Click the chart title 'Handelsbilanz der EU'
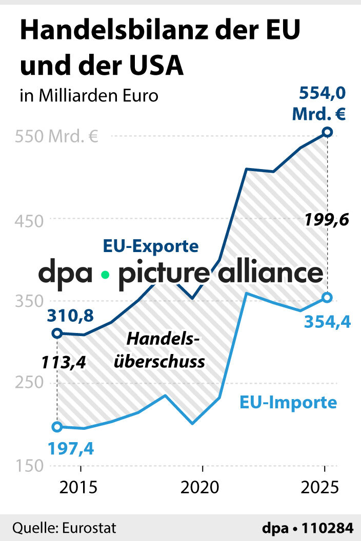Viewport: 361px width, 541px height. point(159,31)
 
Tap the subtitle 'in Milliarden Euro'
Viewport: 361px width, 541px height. point(89,96)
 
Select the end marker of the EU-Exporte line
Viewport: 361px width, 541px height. point(328,133)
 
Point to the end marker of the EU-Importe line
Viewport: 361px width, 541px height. point(328,297)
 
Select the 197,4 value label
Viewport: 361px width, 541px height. point(71,449)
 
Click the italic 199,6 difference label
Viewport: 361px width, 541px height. point(326,220)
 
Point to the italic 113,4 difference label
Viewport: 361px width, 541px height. point(63,362)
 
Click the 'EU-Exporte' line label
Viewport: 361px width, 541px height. point(151,246)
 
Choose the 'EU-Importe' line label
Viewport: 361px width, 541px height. point(288,402)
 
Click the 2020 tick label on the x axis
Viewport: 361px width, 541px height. point(203,487)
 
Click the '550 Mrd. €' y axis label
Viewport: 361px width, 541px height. point(56,137)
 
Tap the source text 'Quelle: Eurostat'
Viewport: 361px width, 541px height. point(65,528)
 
